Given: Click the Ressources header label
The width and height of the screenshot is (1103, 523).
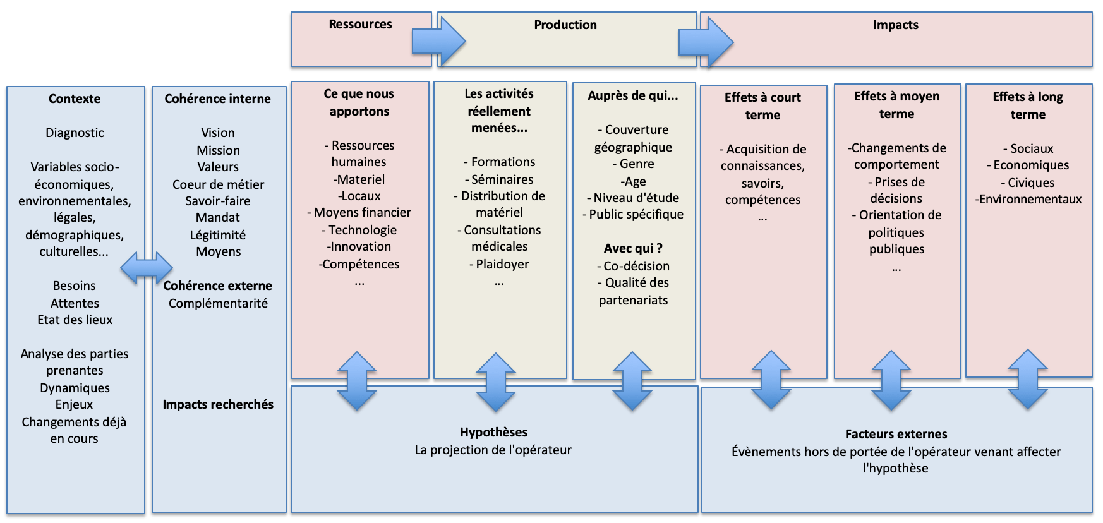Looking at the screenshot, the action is coord(360,25).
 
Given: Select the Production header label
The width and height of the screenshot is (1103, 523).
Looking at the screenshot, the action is coord(565,25).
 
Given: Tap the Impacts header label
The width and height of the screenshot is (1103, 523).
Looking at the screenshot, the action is coord(895,25).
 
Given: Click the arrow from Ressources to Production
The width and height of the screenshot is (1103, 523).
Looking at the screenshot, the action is coord(439,42).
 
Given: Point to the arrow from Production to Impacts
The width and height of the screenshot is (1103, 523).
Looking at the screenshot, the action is coord(706,42).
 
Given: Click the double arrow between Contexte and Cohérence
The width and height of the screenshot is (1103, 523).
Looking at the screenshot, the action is coord(147,268).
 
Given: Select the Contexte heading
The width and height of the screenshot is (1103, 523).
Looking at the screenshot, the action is coord(75,99).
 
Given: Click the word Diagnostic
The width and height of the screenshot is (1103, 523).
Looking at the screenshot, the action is coord(75,133).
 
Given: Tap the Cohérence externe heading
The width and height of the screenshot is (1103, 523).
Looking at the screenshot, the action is coord(217,286).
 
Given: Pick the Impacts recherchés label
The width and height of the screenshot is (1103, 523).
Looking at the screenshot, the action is coord(218,404).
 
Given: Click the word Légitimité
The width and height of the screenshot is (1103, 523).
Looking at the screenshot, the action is coord(218,235).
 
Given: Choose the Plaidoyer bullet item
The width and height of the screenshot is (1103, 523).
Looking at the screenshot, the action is coord(499,264).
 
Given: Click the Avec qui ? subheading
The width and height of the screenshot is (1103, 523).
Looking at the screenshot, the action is coord(633,248).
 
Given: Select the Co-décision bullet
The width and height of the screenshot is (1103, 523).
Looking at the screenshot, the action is coord(633,266).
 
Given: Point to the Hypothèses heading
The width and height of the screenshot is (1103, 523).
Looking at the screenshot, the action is coord(493,432).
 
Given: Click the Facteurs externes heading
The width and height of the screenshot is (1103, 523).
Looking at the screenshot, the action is coord(896,434).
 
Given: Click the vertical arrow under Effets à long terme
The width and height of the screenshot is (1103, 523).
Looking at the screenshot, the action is coord(1028,379).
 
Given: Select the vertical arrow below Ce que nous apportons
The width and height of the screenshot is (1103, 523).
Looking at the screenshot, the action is coord(358,381).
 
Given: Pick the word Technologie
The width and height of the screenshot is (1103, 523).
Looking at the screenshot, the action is coord(359,230).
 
